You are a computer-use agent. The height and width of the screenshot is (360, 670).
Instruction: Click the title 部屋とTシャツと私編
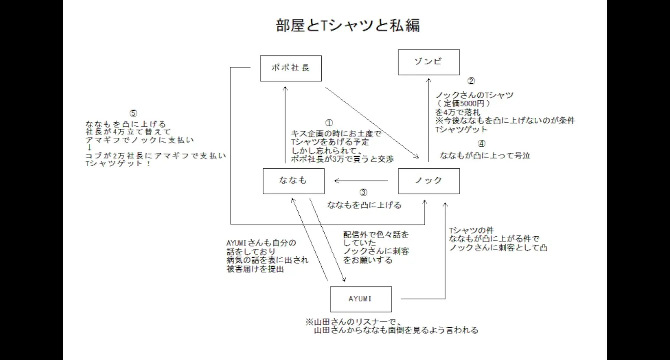(x=348, y=25)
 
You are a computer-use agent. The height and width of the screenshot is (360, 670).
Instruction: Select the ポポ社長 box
(x=291, y=68)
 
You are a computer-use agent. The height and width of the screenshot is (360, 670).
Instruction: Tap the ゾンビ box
(x=429, y=62)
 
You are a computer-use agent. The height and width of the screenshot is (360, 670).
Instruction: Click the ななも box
(x=293, y=181)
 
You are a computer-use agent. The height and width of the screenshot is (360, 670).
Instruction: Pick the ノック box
(x=429, y=181)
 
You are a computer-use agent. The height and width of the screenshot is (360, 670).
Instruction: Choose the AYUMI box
(x=361, y=299)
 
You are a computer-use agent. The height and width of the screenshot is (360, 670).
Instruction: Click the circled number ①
(x=329, y=123)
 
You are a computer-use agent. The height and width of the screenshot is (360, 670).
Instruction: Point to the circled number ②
(x=471, y=81)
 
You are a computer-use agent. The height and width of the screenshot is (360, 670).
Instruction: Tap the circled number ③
(x=364, y=192)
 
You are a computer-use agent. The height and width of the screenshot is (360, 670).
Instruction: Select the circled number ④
(x=481, y=144)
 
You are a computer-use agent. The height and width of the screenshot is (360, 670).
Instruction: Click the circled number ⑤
(x=133, y=113)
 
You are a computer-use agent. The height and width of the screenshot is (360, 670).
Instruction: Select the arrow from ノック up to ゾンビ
(x=429, y=120)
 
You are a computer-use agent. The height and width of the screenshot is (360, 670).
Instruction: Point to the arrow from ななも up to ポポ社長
(x=285, y=125)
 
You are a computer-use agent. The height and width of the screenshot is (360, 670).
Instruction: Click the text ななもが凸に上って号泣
(x=485, y=156)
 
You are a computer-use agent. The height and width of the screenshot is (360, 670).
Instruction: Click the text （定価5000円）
(x=463, y=104)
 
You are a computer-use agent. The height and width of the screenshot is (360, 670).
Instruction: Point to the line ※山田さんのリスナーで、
(x=357, y=321)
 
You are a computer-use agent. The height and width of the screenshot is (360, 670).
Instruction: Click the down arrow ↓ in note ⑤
(x=89, y=148)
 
